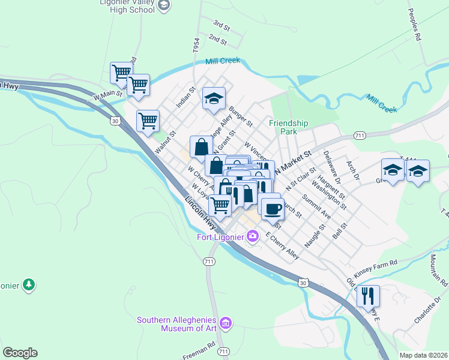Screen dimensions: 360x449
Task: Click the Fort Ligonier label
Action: pyautogui.click(x=220, y=236)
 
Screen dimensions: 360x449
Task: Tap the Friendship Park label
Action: pyautogui.click(x=288, y=127)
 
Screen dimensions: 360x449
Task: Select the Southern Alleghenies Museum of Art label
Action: pyautogui.click(x=178, y=324)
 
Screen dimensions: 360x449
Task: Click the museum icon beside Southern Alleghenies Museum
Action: pyautogui.click(x=226, y=323)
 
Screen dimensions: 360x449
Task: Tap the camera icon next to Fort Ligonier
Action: pyautogui.click(x=253, y=236)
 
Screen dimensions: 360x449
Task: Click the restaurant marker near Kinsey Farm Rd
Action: pyautogui.click(x=368, y=296)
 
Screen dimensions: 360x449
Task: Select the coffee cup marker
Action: pyautogui.click(x=273, y=208)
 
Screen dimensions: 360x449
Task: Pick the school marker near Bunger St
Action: pyautogui.click(x=214, y=98)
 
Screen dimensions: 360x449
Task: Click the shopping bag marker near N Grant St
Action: pyautogui.click(x=201, y=146)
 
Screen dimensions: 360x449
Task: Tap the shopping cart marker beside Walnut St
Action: pyautogui.click(x=148, y=120)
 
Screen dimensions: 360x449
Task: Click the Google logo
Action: pyautogui.click(x=20, y=353)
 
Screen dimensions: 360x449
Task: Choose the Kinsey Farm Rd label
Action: pyautogui.click(x=376, y=263)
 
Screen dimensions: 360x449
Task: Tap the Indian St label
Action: pyautogui.click(x=186, y=97)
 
